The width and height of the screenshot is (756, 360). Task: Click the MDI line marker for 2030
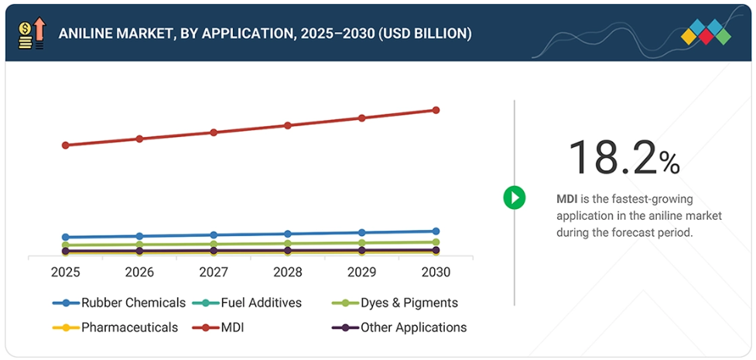436,110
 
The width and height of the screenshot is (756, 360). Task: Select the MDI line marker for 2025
66,145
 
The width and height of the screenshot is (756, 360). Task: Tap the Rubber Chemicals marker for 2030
436,231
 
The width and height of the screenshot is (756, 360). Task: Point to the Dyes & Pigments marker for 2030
436,242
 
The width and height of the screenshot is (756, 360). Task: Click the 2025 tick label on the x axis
65,273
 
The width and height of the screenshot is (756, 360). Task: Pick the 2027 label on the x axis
214,273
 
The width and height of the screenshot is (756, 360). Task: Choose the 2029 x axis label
362,273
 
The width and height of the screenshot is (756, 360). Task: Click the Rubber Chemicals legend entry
119,303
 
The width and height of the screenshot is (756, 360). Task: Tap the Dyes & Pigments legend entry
395,303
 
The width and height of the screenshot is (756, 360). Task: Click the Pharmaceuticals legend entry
115,327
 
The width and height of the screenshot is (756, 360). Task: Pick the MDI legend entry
232,327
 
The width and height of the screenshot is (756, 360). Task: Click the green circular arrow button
515,197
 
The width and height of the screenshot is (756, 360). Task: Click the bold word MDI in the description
567,199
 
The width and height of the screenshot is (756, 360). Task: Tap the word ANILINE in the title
86,34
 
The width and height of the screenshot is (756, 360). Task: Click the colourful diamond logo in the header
706,32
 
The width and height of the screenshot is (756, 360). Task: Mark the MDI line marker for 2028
288,125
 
